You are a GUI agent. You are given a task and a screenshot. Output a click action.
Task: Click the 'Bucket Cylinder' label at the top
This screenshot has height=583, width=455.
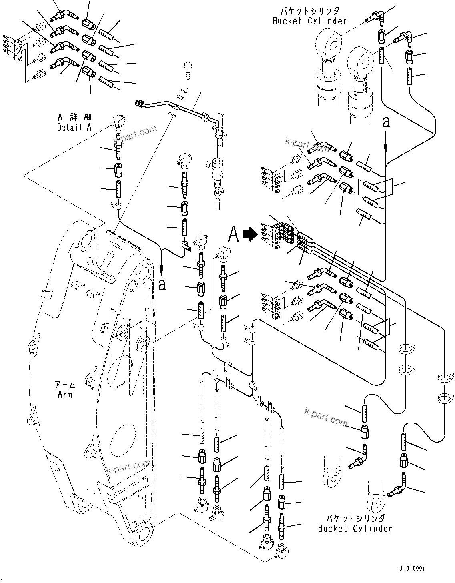[x=309, y=21]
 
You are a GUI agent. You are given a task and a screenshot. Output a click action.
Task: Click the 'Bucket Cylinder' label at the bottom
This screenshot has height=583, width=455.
[x=355, y=529]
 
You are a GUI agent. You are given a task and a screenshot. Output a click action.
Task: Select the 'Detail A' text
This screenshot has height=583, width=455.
[x=74, y=127]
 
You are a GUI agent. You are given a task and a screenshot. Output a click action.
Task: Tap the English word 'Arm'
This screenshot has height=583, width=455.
[x=65, y=395]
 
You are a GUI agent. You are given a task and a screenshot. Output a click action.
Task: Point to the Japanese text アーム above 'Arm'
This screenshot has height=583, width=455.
[x=65, y=385]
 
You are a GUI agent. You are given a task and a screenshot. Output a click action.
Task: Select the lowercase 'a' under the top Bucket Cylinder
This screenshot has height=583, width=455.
[x=386, y=122]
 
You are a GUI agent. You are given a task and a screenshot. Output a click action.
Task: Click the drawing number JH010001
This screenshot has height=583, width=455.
[x=412, y=568]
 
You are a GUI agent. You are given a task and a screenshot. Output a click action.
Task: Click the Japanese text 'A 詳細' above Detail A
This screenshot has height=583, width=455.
[x=74, y=118]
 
